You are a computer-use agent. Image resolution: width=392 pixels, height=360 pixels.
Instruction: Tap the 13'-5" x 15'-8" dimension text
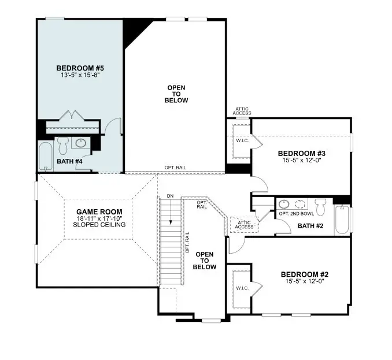tap(80, 76)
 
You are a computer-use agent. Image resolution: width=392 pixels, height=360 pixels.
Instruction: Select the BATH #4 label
tap(69, 162)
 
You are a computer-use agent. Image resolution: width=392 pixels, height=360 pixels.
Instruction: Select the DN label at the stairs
tap(169, 196)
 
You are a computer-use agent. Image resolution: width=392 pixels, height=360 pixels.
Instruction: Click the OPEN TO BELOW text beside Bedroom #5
tap(177, 94)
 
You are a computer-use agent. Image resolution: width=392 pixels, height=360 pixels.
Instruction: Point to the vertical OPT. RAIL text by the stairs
tap(187, 243)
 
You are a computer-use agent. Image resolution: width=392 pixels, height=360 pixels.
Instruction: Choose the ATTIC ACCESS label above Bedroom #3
tap(242, 111)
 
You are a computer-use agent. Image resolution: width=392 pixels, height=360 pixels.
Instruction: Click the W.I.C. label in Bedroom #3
tap(242, 140)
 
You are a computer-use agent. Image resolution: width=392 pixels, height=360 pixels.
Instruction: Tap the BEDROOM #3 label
tap(302, 153)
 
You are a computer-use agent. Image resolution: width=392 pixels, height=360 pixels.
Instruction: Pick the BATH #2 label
tap(310, 225)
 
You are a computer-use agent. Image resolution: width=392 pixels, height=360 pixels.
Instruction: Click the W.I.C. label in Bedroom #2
tap(242, 287)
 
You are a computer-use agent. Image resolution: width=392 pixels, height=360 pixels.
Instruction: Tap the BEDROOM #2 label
tap(305, 274)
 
